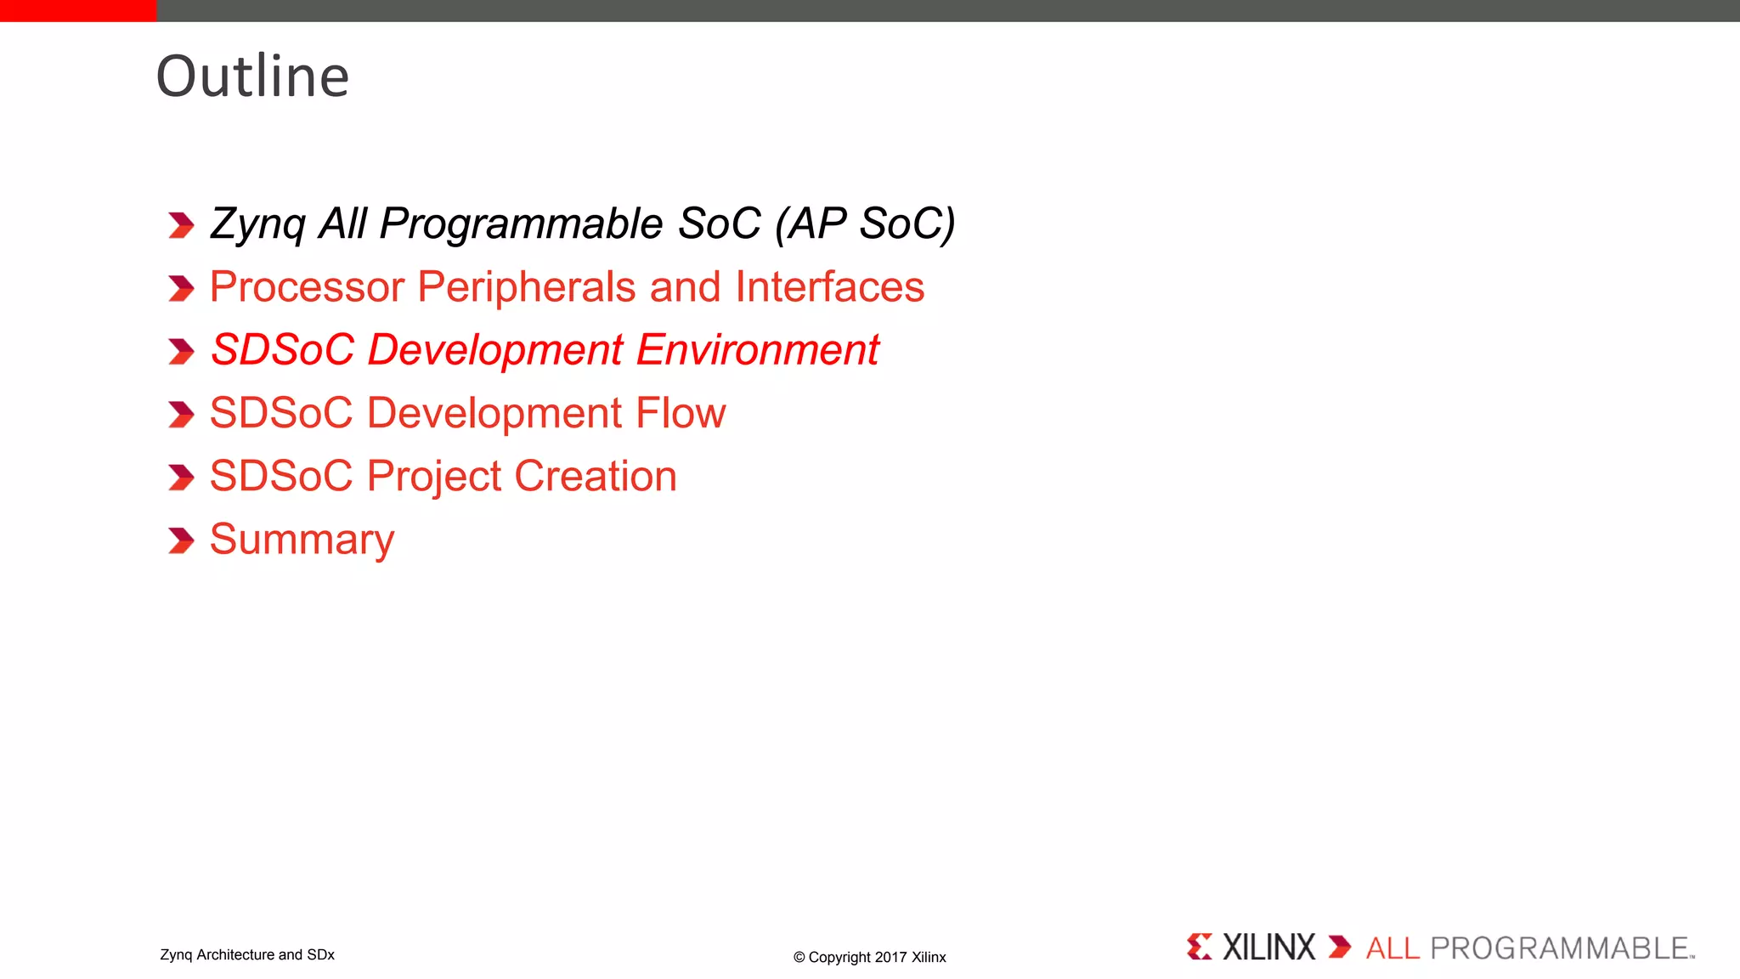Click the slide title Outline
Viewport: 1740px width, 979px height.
click(252, 76)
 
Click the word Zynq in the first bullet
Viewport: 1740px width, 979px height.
click(257, 224)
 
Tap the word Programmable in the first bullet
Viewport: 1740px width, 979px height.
click(520, 224)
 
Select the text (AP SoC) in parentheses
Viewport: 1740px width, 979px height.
click(865, 224)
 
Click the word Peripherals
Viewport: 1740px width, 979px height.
click(527, 287)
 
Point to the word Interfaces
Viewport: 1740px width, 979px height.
click(829, 287)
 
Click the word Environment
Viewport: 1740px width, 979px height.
click(757, 350)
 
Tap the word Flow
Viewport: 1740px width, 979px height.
click(681, 413)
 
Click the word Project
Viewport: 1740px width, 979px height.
click(433, 476)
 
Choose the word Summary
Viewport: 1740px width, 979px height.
click(302, 540)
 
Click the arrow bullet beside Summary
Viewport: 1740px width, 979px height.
click(181, 540)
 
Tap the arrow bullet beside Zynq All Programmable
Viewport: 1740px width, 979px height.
click(181, 225)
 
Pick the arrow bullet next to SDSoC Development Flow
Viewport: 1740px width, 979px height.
click(181, 414)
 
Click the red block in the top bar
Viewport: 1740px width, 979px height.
click(78, 10)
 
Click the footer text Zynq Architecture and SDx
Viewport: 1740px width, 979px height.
click(247, 954)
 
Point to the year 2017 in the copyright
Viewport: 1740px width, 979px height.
click(890, 957)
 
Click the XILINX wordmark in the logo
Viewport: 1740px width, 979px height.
click(1268, 947)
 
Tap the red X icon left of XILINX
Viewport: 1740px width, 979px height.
click(1200, 947)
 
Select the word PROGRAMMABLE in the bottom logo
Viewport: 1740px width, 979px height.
click(1560, 948)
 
